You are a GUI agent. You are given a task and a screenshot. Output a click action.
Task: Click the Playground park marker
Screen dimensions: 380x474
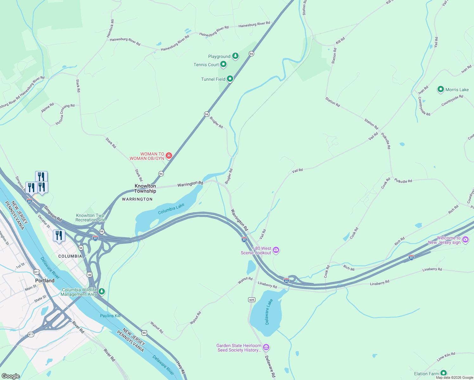click(x=235, y=56)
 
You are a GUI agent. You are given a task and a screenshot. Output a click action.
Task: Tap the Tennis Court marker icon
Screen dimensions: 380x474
click(x=223, y=64)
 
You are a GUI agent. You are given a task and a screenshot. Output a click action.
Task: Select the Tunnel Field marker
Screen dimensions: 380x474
click(x=230, y=79)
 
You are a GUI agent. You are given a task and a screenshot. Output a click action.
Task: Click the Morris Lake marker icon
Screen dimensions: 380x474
click(x=440, y=89)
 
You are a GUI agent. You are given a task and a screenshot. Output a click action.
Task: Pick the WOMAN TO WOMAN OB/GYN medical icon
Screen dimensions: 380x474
click(x=169, y=155)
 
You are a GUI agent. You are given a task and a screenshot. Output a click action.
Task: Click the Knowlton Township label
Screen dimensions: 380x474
click(x=145, y=188)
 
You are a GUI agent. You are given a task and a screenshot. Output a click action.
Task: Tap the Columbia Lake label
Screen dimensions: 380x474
click(x=171, y=209)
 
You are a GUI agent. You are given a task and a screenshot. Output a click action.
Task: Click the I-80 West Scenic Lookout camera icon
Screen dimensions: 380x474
click(x=276, y=250)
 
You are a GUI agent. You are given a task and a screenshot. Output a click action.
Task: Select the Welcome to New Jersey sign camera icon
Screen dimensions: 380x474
click(x=465, y=239)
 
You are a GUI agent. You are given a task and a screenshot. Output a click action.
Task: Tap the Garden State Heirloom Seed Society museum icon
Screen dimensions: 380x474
click(x=266, y=347)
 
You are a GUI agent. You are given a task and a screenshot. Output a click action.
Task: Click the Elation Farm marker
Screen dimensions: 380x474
click(x=444, y=373)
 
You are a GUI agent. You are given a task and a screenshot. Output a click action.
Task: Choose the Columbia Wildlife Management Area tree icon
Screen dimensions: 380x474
click(x=102, y=291)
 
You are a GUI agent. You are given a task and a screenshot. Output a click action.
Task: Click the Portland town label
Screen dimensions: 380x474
click(x=45, y=281)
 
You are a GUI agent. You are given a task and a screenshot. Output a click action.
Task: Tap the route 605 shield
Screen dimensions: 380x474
click(x=252, y=300)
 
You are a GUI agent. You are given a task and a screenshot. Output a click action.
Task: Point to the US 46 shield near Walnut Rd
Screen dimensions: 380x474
click(x=144, y=332)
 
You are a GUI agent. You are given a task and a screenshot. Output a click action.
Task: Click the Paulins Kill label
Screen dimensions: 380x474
click(x=110, y=316)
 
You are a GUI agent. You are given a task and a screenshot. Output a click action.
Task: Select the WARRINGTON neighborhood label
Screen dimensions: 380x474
click(x=137, y=199)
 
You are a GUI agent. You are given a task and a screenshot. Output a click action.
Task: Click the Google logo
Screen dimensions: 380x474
click(x=11, y=376)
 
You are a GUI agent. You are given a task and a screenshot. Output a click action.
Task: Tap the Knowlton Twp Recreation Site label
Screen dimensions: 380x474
click(x=90, y=218)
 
